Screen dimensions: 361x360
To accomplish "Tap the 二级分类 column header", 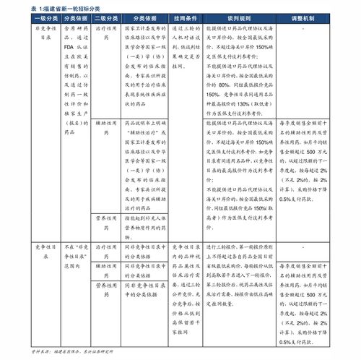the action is coord(105,17).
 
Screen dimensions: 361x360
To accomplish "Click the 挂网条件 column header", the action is coord(186,17).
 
